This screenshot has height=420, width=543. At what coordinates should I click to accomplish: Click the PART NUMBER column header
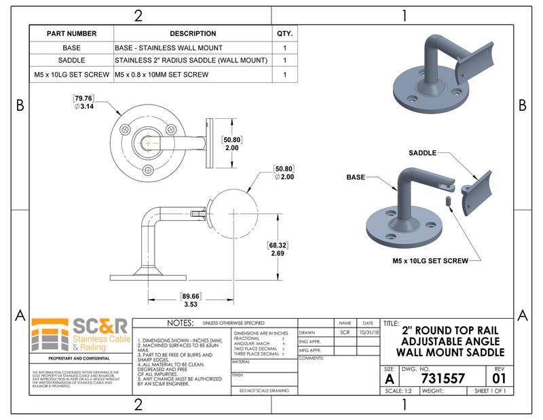point(71,33)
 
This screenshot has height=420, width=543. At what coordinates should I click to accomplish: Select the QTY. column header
point(284,33)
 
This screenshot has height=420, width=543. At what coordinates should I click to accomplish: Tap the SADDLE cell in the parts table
point(71,61)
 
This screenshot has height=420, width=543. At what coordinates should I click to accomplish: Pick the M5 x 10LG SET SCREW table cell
point(71,74)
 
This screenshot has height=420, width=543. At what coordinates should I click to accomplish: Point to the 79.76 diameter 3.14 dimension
point(83,103)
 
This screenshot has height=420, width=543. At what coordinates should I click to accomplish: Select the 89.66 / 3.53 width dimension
point(191,300)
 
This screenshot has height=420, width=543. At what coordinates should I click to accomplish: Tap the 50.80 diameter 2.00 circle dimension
point(284,173)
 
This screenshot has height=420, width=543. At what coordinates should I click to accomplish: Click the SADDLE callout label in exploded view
point(423,153)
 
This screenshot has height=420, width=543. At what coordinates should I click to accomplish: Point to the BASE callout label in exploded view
point(356,177)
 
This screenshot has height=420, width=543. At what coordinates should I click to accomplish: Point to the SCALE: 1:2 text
point(398,391)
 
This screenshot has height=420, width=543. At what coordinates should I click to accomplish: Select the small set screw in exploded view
point(449,200)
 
